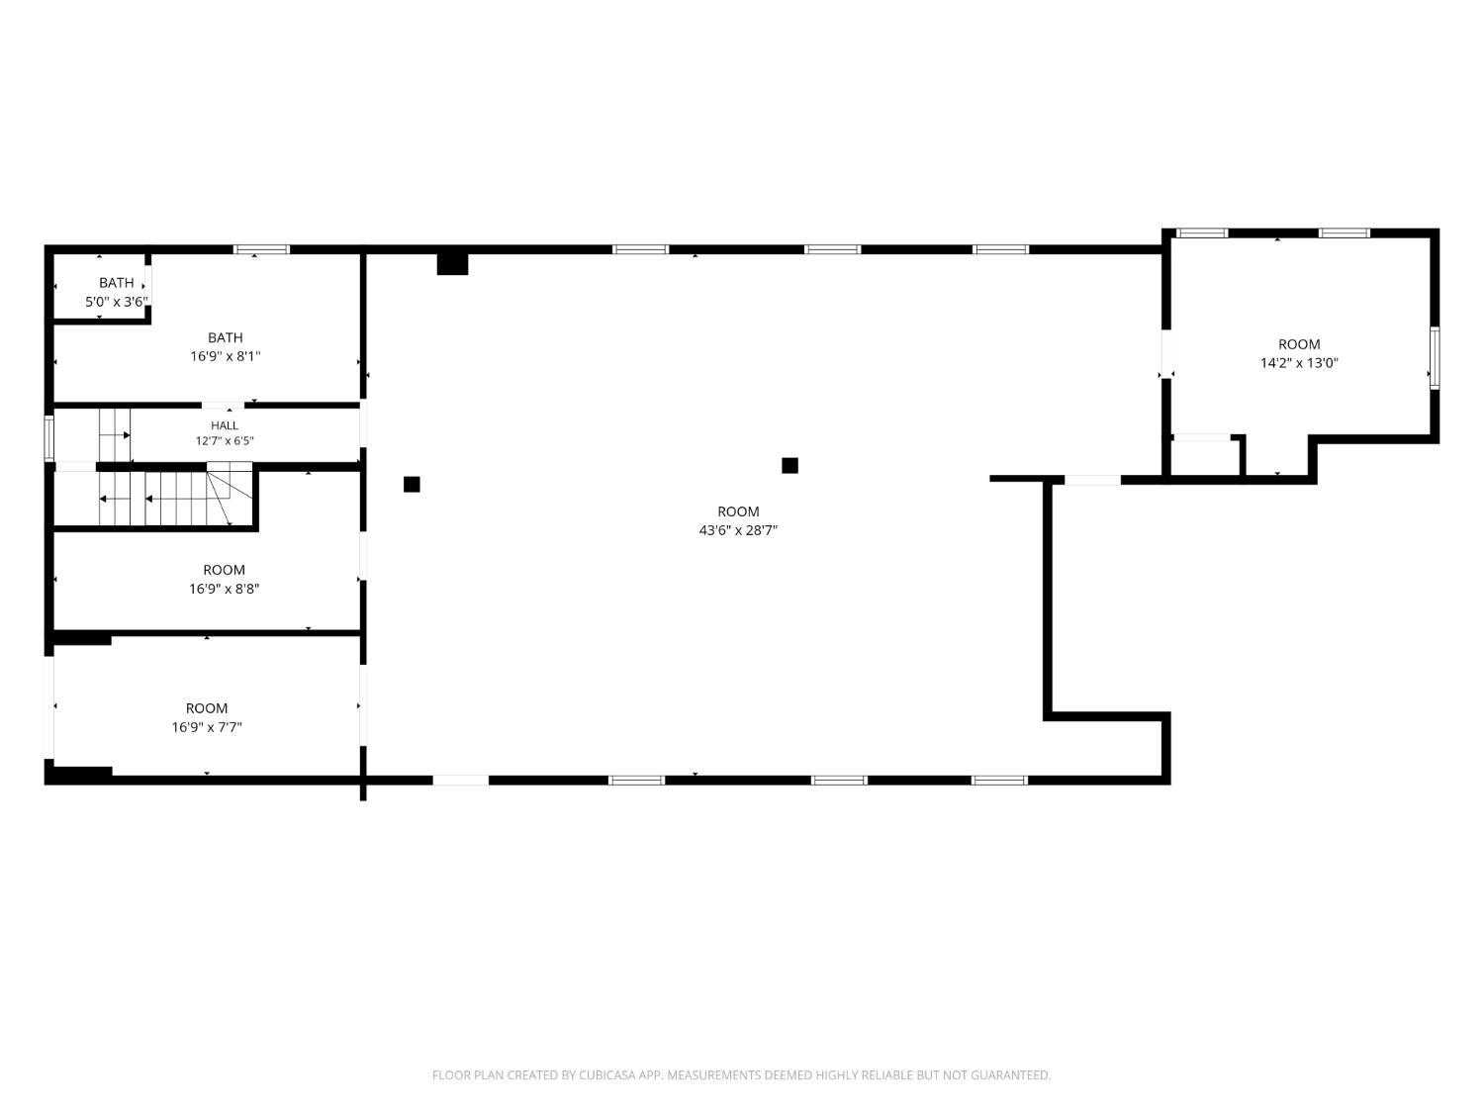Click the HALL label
[224, 425]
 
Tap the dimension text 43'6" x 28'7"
[738, 530]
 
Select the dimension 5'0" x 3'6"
[117, 302]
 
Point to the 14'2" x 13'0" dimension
[1299, 363]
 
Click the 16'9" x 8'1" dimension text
[226, 356]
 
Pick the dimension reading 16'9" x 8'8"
[224, 589]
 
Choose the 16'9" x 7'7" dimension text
[207, 727]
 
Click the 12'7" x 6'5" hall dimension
[225, 441]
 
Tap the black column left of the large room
[412, 484]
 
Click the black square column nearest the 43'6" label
[789, 466]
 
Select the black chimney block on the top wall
[452, 263]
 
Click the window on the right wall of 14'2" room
[1434, 357]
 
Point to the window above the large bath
[261, 249]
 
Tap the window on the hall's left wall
[48, 437]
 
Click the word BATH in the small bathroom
[117, 283]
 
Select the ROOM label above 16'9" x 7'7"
[207, 708]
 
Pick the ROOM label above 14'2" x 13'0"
[1299, 344]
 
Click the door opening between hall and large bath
[224, 406]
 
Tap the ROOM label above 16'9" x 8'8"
[224, 570]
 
